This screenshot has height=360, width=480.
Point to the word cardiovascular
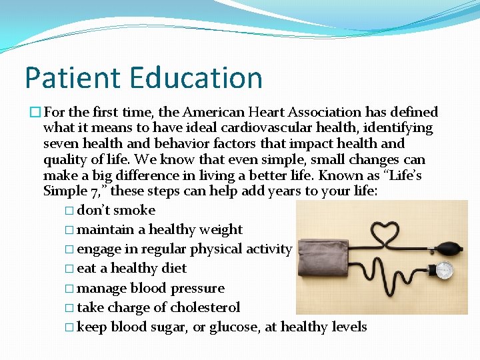pyautogui.click(x=260, y=128)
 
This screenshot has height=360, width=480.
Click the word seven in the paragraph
pyautogui.click(x=61, y=144)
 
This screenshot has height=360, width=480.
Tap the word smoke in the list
pyautogui.click(x=134, y=210)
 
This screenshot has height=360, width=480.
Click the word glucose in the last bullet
pyautogui.click(x=233, y=327)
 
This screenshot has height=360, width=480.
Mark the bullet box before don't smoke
pyautogui.click(x=70, y=211)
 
